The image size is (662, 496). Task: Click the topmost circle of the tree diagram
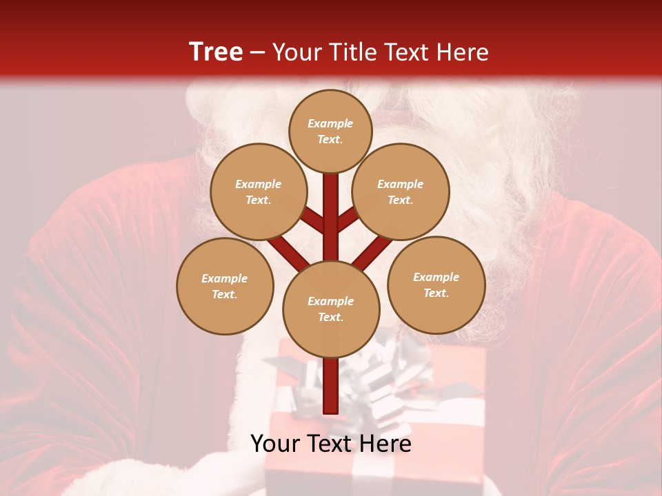tap(330, 131)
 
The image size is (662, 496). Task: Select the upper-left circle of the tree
tap(259, 192)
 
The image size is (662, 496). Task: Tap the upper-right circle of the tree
tap(401, 192)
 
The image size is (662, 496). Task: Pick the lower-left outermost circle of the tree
tap(225, 286)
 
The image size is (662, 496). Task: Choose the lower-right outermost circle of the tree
tap(436, 285)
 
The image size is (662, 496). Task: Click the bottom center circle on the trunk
tap(331, 309)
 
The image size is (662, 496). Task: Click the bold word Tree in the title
tap(216, 52)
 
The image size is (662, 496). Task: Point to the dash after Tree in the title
tap(258, 52)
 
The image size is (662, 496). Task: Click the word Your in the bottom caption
tap(274, 444)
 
